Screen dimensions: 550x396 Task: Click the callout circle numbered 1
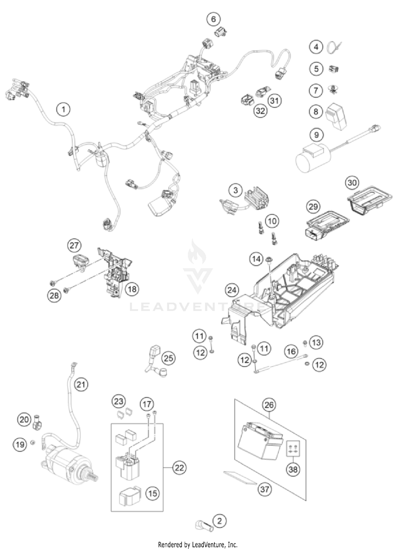(63, 109)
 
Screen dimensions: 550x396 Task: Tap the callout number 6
(213, 19)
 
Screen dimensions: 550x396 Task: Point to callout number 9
(316, 135)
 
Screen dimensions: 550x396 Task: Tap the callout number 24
(232, 290)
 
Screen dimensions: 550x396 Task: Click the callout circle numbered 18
(132, 289)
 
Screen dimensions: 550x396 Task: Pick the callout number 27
(74, 245)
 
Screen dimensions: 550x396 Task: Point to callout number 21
(81, 385)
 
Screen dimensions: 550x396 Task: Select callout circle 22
(180, 468)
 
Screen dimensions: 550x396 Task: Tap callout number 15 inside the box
(153, 493)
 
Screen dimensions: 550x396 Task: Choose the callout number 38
(293, 469)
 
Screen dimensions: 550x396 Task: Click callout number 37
(265, 489)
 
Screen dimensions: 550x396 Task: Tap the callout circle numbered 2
(220, 521)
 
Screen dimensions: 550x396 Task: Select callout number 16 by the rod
(291, 351)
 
